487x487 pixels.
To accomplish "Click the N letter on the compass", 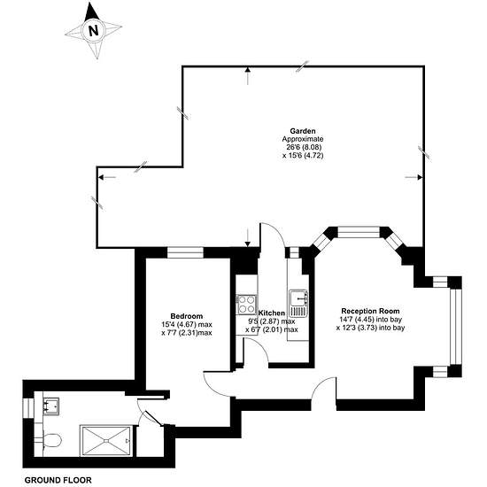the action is click(94, 31).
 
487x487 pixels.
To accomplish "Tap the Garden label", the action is click(303, 131).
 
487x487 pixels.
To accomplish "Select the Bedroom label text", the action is click(187, 316).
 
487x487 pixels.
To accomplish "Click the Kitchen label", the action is click(272, 313).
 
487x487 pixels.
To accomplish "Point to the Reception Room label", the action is click(370, 311).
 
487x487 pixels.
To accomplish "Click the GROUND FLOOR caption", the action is click(58, 480).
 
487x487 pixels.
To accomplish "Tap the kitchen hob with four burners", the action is click(247, 305).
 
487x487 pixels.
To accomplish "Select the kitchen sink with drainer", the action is click(298, 303).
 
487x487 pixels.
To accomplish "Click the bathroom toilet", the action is click(52, 440).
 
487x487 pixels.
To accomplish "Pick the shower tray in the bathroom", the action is click(106, 441).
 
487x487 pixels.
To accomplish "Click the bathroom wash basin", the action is click(51, 406).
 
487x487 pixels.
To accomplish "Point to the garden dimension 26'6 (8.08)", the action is click(302, 147).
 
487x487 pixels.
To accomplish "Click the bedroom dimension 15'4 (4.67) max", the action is click(187, 325).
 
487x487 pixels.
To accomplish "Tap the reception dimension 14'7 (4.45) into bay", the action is click(371, 320).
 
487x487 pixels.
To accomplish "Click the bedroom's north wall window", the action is click(185, 252).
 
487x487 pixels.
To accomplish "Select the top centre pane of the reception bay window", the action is click(359, 232).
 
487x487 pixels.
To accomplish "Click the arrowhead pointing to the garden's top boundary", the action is click(248, 69).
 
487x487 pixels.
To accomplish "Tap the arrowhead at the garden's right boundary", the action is click(420, 177).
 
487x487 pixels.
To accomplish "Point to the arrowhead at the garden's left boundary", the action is click(101, 177).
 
